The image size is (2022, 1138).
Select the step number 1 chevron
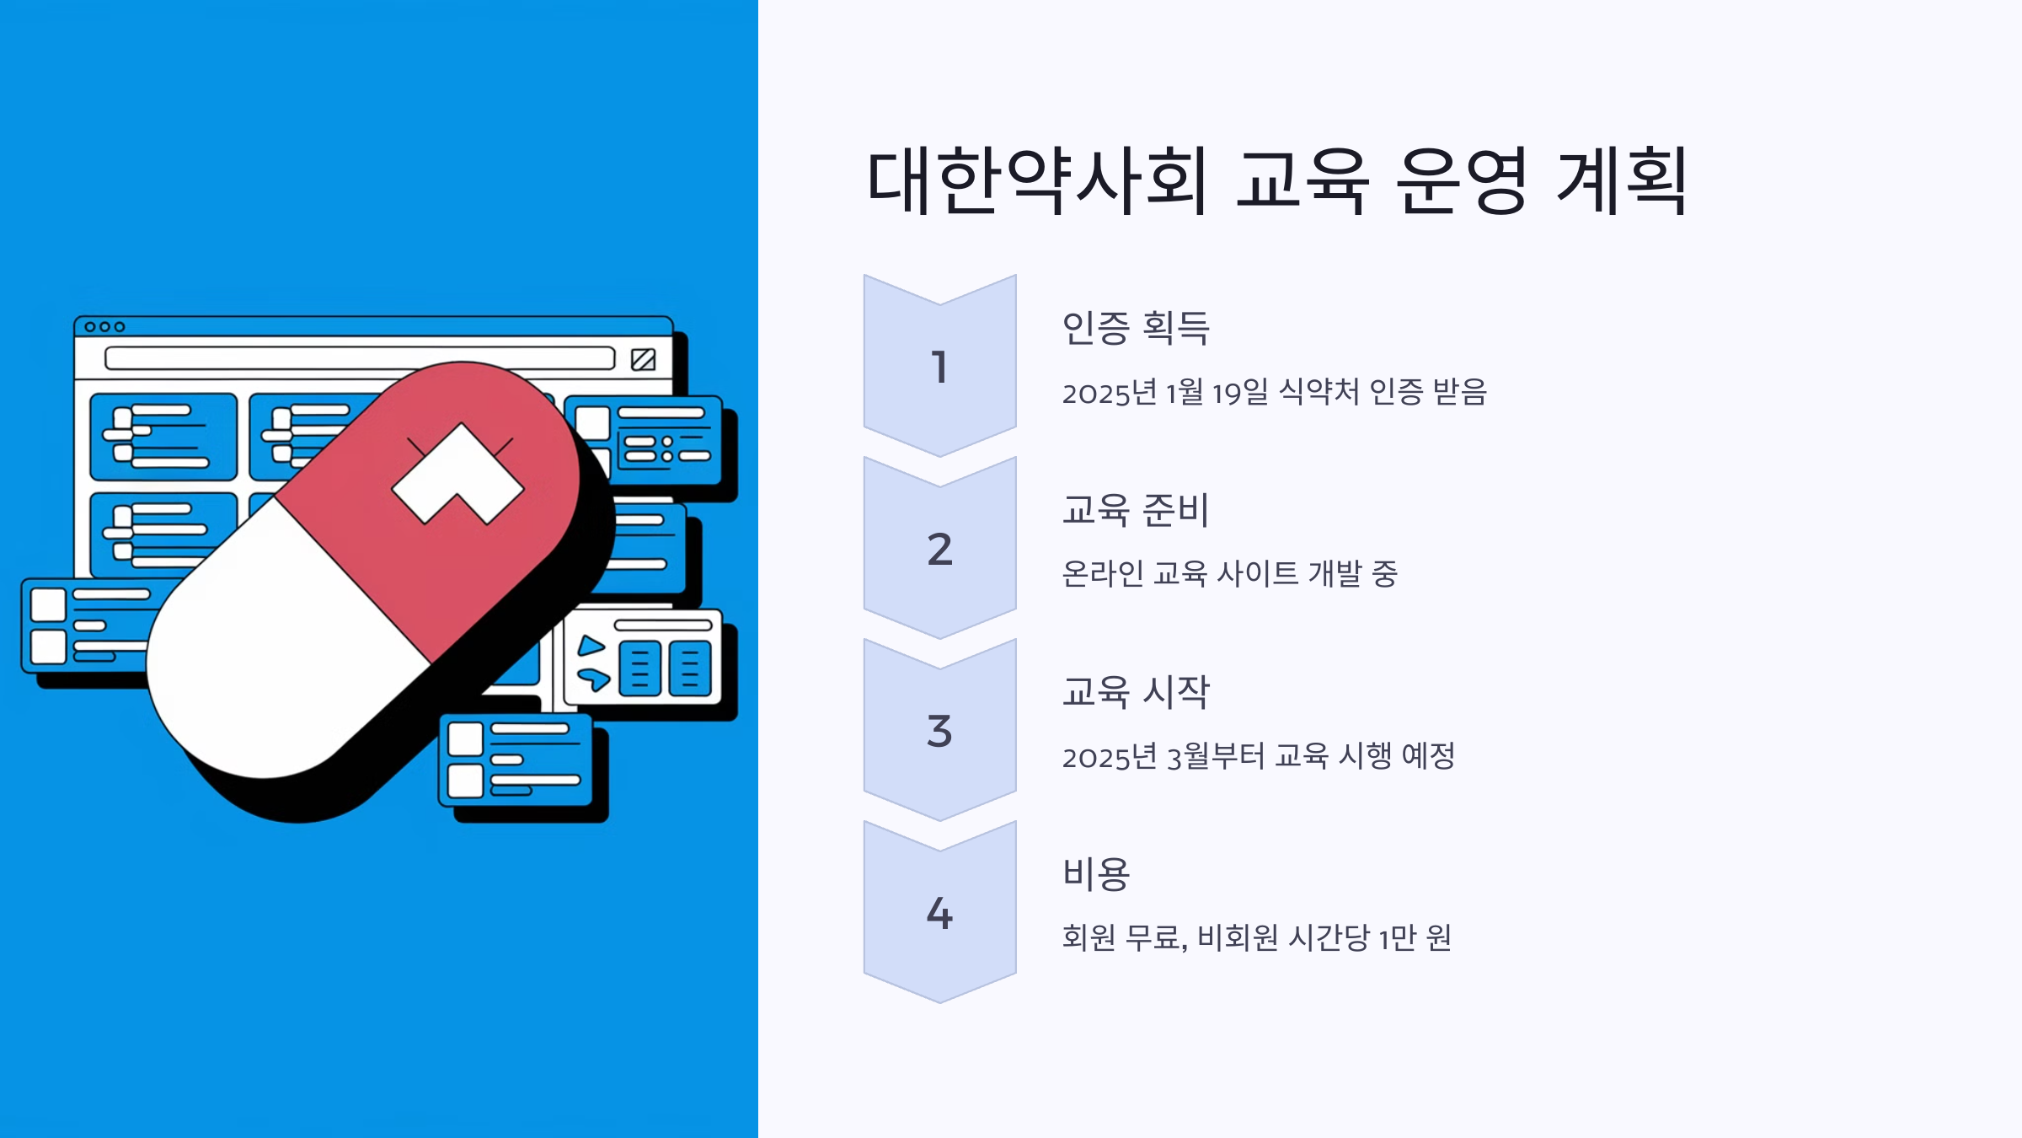(x=939, y=367)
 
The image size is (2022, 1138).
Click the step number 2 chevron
(x=939, y=549)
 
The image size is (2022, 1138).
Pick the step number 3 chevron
(x=939, y=731)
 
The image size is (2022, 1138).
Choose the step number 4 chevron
(x=939, y=913)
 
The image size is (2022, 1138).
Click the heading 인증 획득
(x=1136, y=328)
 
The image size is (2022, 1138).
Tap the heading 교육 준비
(x=1136, y=510)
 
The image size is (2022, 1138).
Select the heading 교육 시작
(x=1136, y=692)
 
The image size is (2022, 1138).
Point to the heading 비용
(x=1096, y=874)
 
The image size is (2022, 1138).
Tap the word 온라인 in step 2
(x=1102, y=574)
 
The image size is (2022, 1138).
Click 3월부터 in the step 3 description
(x=1215, y=756)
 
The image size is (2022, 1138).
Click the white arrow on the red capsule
(x=457, y=474)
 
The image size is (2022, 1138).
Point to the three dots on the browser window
(x=104, y=327)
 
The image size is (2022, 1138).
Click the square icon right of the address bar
(x=643, y=359)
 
